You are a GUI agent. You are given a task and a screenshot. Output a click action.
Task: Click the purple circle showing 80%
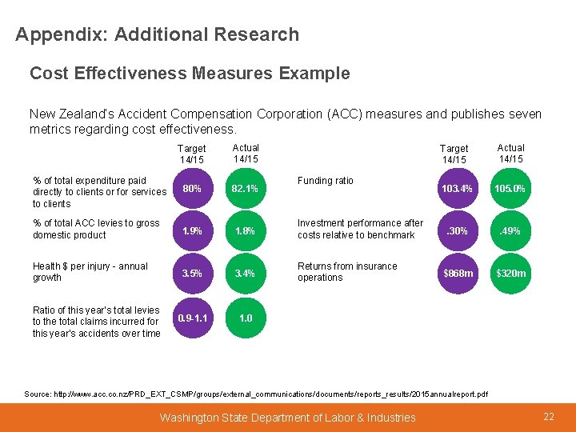192,190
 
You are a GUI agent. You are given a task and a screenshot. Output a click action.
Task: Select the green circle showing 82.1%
245,190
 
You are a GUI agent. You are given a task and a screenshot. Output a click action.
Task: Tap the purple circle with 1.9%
192,231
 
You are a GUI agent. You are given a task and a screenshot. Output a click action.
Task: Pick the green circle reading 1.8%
245,231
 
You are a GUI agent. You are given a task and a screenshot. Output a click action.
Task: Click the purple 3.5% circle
192,274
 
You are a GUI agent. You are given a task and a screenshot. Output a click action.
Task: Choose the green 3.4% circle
245,274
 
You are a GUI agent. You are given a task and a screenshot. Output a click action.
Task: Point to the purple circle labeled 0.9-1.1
192,318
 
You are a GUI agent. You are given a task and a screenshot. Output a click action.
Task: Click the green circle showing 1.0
245,318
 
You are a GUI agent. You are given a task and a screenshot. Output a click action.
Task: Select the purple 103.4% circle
458,190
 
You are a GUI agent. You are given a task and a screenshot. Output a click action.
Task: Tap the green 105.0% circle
510,190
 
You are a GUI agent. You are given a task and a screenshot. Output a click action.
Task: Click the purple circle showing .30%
458,231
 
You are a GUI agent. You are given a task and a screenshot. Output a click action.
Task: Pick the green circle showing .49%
510,231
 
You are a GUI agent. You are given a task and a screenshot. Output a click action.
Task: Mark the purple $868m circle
458,274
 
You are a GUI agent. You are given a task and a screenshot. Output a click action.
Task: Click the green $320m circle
510,274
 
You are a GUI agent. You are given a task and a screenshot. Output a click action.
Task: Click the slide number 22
549,417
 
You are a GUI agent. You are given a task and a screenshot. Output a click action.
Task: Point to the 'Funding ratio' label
325,181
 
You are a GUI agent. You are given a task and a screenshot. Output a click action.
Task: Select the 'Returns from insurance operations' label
346,272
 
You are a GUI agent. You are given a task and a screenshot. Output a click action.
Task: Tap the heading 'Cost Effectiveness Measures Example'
190,74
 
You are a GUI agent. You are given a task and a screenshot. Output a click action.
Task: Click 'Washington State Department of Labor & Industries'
287,418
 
